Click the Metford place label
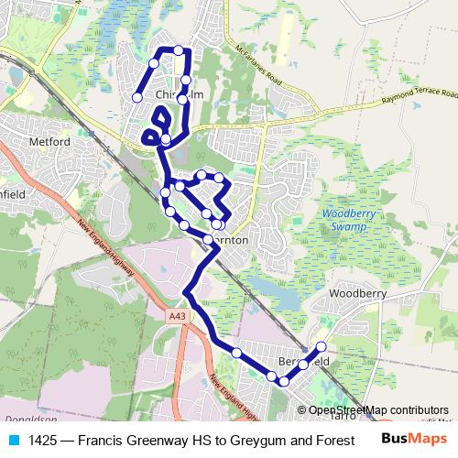pos(49,142)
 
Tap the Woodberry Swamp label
pos(344,220)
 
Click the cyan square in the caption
pos(14,439)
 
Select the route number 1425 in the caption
pos(42,439)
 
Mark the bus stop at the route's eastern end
pos(322,346)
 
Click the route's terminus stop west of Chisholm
pos(136,97)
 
